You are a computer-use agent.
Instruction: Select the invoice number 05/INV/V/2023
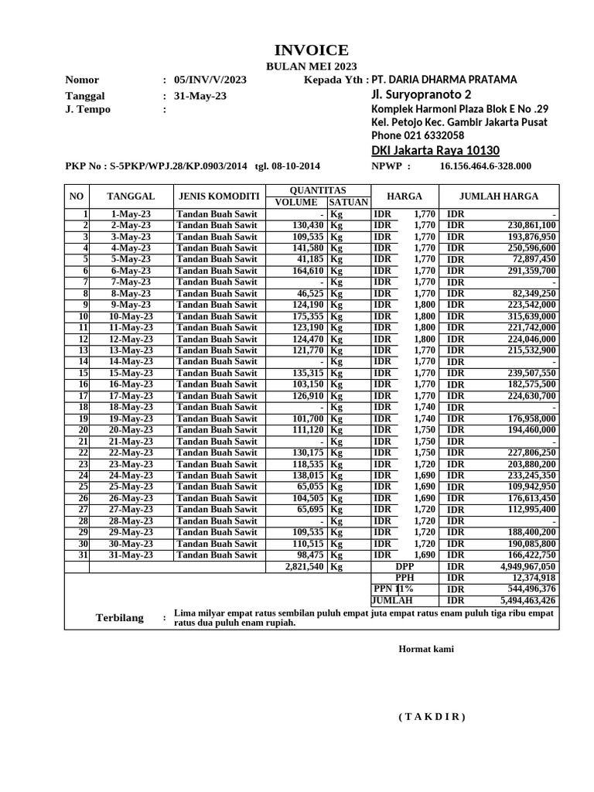tap(210, 80)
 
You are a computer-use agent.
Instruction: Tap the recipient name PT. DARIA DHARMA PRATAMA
tap(445, 80)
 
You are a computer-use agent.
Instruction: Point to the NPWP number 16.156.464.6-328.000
tap(485, 166)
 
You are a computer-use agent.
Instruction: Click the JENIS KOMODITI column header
tap(219, 196)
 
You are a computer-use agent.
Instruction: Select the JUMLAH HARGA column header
tap(499, 196)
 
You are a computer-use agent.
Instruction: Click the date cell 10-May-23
tap(131, 316)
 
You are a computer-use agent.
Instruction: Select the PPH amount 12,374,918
tap(532, 579)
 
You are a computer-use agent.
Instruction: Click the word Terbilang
tap(120, 617)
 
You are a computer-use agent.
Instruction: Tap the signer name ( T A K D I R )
tap(432, 717)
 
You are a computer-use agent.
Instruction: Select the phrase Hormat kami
tap(426, 649)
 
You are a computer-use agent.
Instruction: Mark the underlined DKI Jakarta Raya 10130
tap(435, 150)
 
